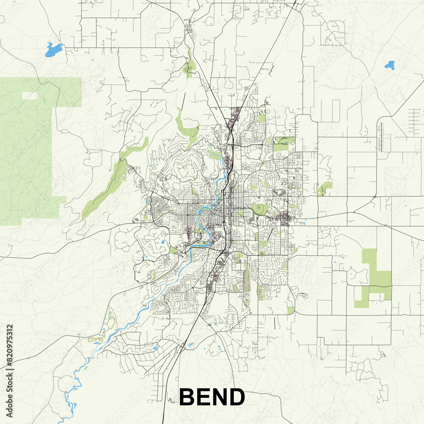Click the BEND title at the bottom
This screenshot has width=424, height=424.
pyautogui.click(x=212, y=397)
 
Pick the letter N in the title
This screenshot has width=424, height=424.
pyautogui.click(x=220, y=397)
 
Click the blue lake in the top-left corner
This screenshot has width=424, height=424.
pyautogui.click(x=53, y=49)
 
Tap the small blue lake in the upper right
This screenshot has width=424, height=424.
pyautogui.click(x=390, y=65)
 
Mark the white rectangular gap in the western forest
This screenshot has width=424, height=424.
pyautogui.click(x=29, y=96)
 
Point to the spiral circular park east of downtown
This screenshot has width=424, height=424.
pyautogui.click(x=259, y=209)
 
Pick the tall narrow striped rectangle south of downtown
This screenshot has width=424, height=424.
pyautogui.click(x=247, y=280)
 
